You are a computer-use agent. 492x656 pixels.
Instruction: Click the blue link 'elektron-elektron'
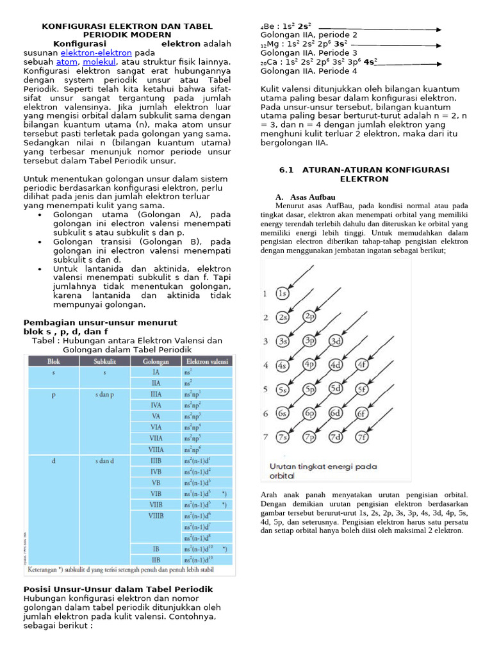97,53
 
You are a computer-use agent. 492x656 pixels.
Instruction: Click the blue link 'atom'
67,62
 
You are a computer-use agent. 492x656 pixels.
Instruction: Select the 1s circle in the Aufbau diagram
283,293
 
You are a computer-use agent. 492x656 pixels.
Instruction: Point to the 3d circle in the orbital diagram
335,341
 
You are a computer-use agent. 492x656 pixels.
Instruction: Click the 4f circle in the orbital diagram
361,365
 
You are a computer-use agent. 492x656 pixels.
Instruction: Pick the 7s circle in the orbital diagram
283,438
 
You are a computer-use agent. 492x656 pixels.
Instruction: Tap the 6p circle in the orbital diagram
309,413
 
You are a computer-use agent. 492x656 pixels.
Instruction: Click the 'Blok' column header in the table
54,361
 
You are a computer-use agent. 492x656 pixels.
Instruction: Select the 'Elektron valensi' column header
208,361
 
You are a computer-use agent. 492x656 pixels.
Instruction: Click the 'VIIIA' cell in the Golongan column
156,450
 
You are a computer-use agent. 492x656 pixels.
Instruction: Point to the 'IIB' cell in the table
156,559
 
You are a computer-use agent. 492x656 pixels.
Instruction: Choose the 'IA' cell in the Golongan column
156,372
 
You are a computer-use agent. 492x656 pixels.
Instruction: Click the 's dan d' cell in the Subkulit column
104,460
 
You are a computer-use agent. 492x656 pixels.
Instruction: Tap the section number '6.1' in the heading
286,170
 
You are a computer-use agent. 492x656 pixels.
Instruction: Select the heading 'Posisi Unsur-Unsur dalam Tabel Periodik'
118,589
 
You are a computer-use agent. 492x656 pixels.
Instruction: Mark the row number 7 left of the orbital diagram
265,438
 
